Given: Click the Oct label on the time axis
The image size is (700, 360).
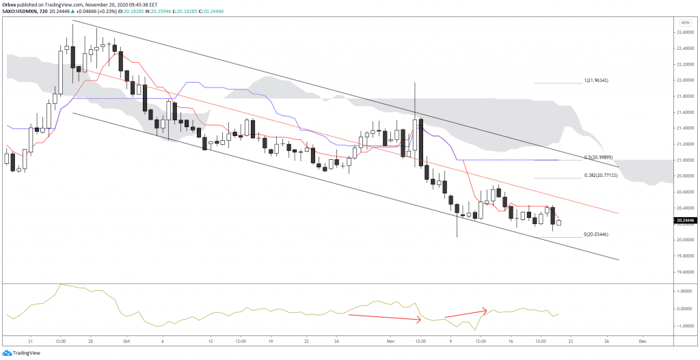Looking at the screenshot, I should [x=126, y=340].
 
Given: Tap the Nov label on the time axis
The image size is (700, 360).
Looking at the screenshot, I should [x=390, y=340].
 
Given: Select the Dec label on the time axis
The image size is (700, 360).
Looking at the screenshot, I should [x=641, y=340].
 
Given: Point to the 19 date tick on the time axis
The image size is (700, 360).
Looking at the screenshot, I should [x=271, y=340].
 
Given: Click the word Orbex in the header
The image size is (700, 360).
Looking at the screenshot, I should [x=10, y=3].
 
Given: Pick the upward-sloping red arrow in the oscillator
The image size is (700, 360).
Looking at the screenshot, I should [x=466, y=314].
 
